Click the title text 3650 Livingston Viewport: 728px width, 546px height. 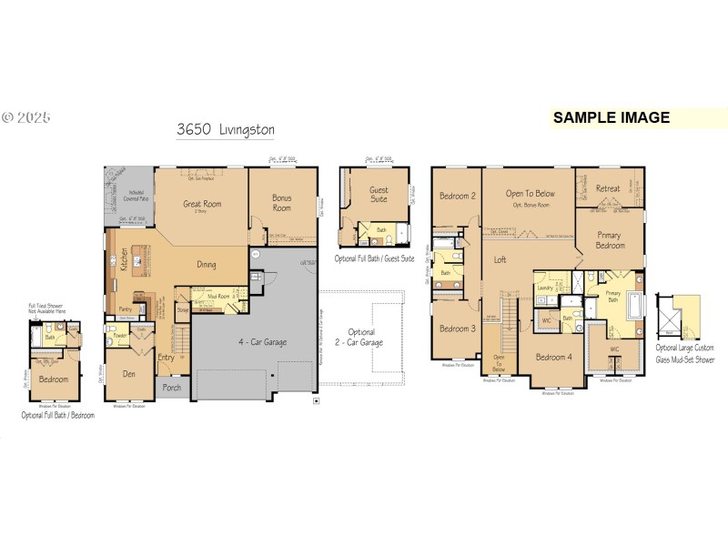[226, 130]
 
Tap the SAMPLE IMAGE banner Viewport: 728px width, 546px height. [611, 117]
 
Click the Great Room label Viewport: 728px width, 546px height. [202, 205]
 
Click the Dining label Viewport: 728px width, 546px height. [207, 265]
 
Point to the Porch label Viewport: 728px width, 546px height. [171, 387]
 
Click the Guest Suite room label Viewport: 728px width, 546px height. [378, 195]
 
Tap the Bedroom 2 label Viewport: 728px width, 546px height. [458, 196]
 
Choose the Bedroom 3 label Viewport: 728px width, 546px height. [458, 329]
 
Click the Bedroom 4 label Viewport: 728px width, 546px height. [553, 357]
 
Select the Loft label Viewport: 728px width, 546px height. [500, 260]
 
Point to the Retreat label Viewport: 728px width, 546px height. [608, 188]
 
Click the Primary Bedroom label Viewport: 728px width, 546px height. [611, 239]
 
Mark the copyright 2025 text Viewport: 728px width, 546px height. [26, 117]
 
